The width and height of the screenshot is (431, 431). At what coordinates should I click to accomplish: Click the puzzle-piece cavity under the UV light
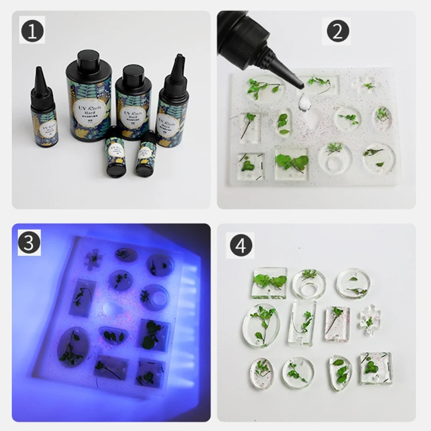click(95, 259)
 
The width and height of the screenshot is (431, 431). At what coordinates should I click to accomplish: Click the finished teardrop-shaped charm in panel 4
click(339, 371)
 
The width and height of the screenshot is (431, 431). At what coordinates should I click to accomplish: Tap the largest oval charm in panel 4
click(261, 325)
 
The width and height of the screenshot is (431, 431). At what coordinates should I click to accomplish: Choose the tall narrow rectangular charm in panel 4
click(302, 323)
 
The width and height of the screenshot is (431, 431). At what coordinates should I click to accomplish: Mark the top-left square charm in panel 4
click(268, 282)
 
